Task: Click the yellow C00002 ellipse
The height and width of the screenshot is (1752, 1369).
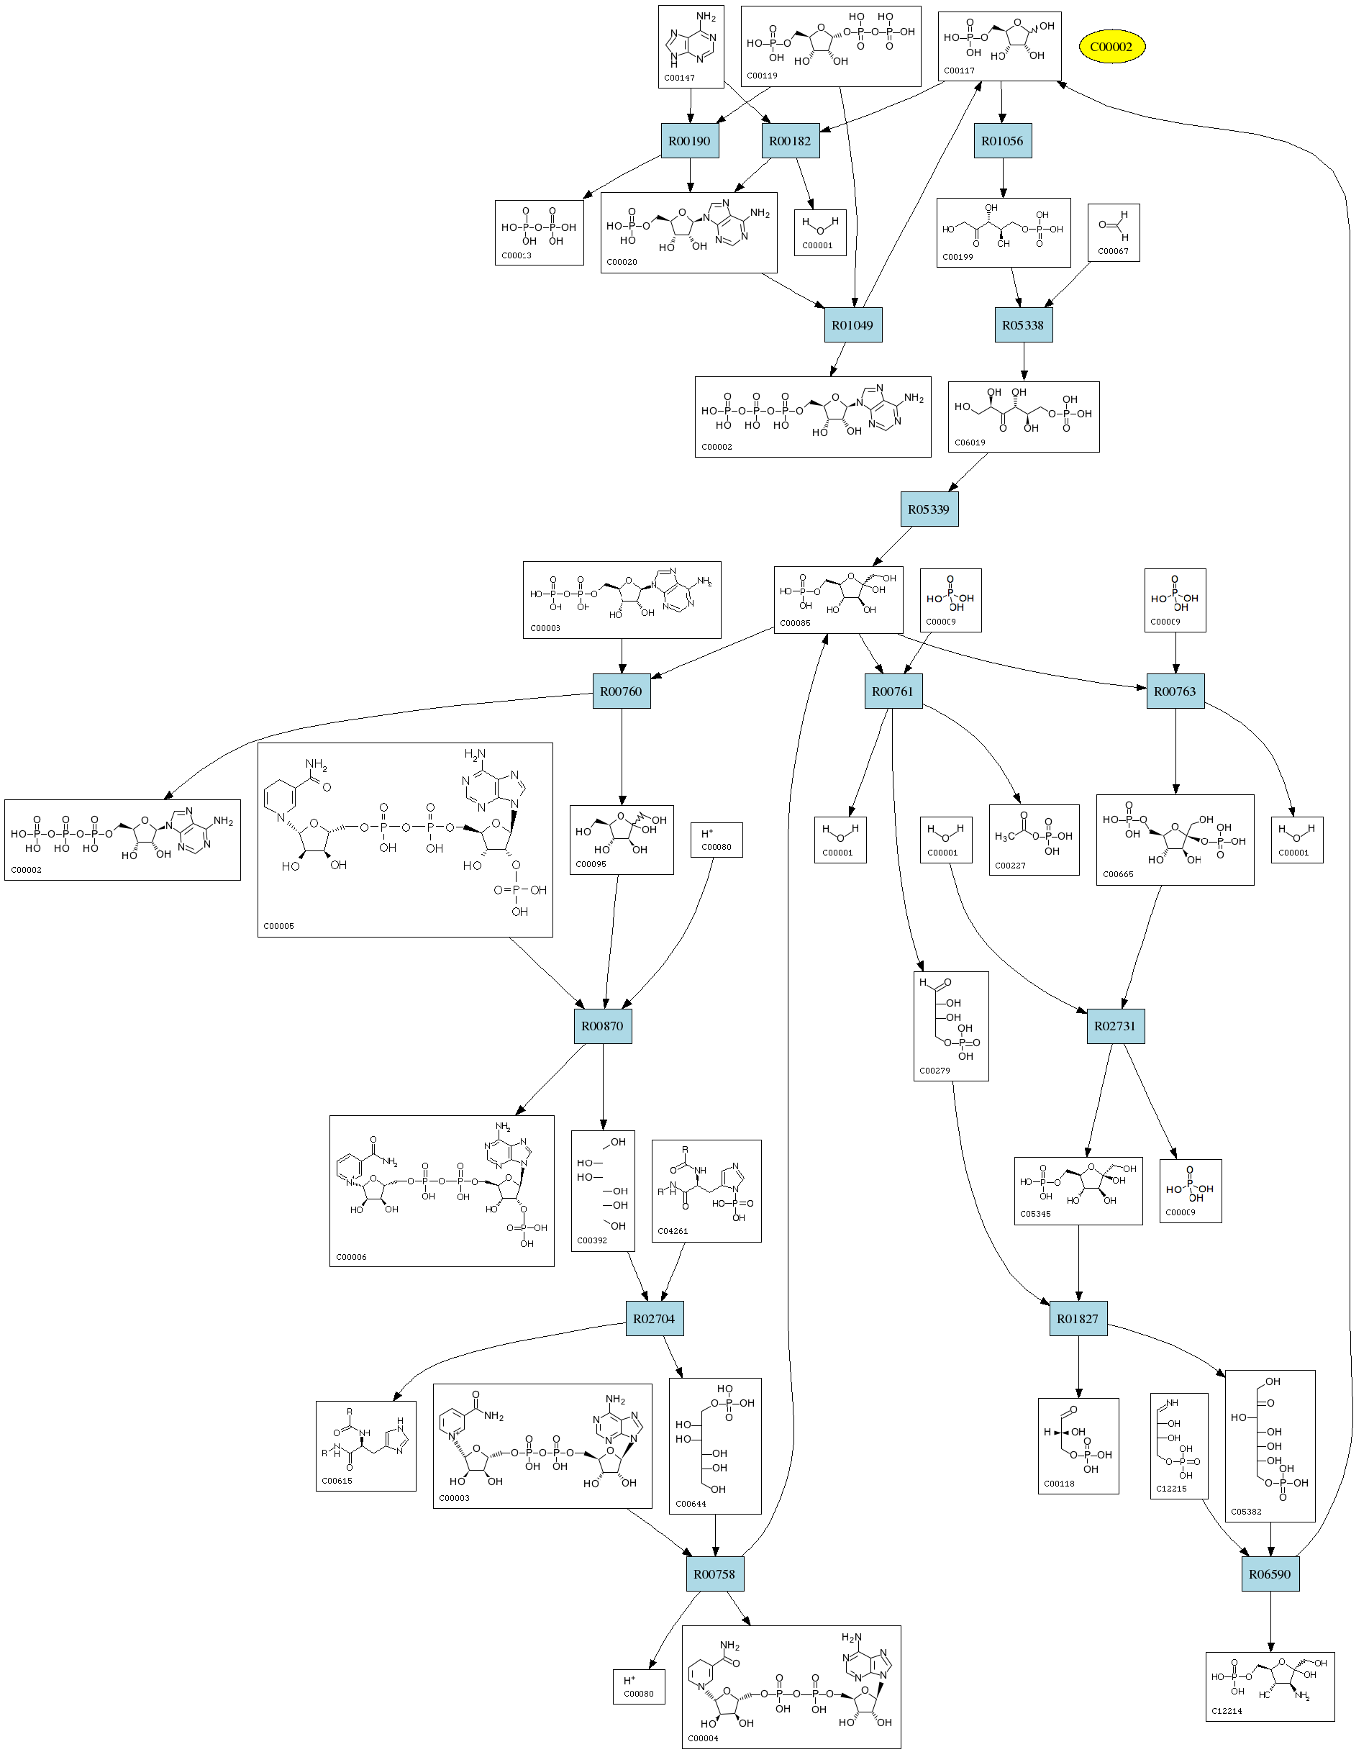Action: click(1111, 47)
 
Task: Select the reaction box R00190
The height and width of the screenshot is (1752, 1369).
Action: click(689, 141)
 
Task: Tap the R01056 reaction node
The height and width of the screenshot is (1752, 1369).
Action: click(1003, 141)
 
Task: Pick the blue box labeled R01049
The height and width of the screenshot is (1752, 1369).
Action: click(852, 325)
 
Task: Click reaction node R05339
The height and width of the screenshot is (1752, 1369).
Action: click(929, 509)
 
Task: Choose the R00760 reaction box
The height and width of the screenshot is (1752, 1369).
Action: click(622, 691)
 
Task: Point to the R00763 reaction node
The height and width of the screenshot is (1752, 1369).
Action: click(1175, 691)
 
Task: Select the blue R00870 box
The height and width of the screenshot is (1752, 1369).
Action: click(602, 1026)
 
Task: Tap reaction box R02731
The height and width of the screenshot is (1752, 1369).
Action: click(1116, 1026)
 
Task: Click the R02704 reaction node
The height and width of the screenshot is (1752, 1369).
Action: click(655, 1319)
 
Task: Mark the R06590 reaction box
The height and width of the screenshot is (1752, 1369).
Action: click(1270, 1574)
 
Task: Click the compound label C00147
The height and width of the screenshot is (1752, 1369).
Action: click(679, 78)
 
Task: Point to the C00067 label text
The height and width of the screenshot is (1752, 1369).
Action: click(1113, 251)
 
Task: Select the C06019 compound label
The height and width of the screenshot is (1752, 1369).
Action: click(970, 442)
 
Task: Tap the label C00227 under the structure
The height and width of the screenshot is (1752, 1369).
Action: click(1011, 866)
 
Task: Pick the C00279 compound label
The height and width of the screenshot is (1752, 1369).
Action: click(935, 1071)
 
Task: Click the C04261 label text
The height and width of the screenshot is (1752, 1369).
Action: click(673, 1231)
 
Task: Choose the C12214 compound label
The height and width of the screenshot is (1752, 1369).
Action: click(1227, 1711)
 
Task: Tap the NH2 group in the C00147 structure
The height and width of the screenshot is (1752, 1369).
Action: click(706, 17)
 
